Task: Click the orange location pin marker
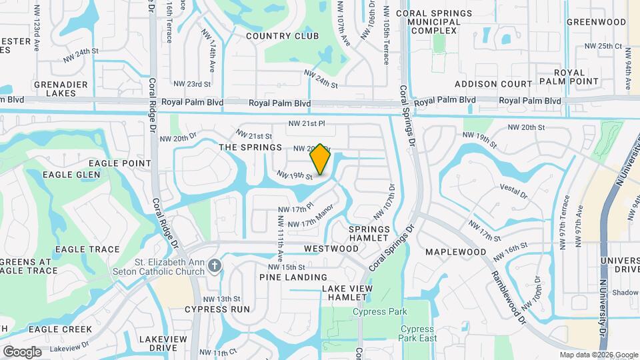pyautogui.click(x=320, y=159)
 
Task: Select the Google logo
pyautogui.click(x=22, y=351)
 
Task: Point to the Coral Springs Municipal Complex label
pyautogui.click(x=433, y=22)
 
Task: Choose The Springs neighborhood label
pyautogui.click(x=251, y=147)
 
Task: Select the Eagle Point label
pyautogui.click(x=125, y=163)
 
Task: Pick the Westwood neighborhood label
pyautogui.click(x=331, y=249)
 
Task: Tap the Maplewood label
pyautogui.click(x=456, y=252)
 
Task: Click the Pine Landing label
pyautogui.click(x=293, y=277)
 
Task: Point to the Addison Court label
pyautogui.click(x=493, y=84)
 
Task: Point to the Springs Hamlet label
pyautogui.click(x=369, y=233)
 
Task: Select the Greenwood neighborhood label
pyautogui.click(x=596, y=22)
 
